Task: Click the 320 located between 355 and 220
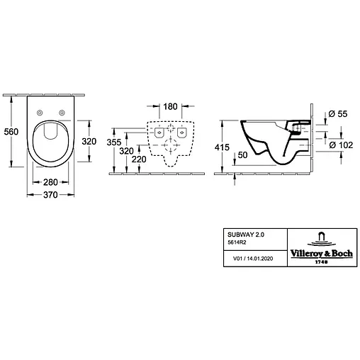(x=127, y=152)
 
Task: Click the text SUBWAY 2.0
(x=238, y=233)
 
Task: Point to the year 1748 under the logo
(x=322, y=260)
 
